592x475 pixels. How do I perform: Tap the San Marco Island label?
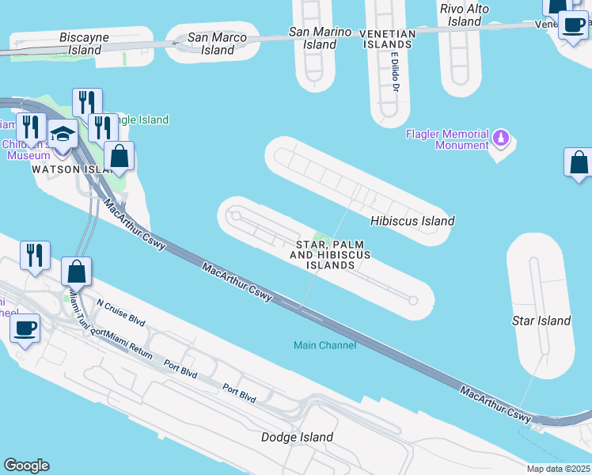click(212, 44)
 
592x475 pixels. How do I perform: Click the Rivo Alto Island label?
click(465, 15)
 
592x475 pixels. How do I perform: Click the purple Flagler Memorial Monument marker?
click(500, 139)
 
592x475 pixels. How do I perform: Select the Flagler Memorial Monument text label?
click(447, 139)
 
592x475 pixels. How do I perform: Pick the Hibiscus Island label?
click(413, 221)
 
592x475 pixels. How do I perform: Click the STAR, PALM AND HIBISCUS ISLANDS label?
click(330, 253)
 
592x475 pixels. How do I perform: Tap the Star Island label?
click(541, 321)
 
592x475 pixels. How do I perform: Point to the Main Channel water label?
click(324, 345)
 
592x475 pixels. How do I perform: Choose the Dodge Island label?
click(297, 437)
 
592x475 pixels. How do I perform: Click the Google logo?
click(26, 465)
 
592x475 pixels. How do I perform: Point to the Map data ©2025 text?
click(559, 469)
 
